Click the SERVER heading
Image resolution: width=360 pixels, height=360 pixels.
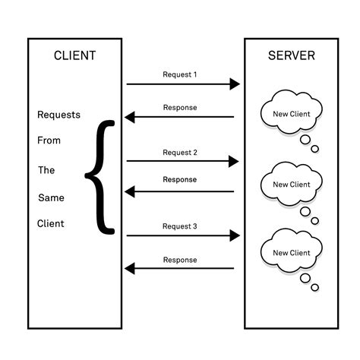pos(291,55)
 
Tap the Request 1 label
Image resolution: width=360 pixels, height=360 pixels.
pos(179,74)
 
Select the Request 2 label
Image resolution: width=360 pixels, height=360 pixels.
pos(179,153)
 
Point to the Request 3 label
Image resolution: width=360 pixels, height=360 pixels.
pos(179,226)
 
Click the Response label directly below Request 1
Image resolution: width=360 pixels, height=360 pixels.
pos(179,107)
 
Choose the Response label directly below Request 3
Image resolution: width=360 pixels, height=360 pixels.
pos(179,260)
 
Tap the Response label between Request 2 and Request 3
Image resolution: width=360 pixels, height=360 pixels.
pos(179,180)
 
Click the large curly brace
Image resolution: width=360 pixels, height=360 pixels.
pos(99,175)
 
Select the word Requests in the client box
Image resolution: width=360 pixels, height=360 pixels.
pos(58,115)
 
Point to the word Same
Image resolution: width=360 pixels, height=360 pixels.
pos(49,197)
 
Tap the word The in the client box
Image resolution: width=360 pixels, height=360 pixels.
pos(46,170)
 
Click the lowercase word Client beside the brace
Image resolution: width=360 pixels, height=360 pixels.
pos(50,224)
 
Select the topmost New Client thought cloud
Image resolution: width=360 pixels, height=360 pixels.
pos(291,115)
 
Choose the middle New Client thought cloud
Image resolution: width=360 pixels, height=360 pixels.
pos(291,185)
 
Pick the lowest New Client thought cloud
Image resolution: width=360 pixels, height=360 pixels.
pos(291,253)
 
